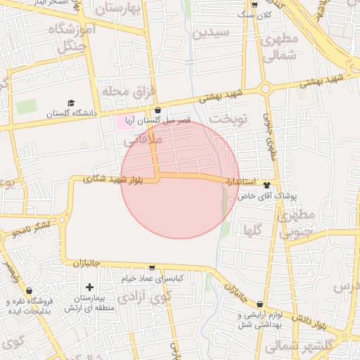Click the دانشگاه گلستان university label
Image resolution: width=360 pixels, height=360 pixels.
point(70,113)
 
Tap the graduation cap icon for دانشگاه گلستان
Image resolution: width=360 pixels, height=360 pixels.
point(70,103)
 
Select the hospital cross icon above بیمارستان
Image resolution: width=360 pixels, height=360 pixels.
point(89,287)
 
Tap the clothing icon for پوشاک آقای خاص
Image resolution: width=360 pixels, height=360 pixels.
point(267,185)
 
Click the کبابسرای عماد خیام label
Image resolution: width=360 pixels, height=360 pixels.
point(152,279)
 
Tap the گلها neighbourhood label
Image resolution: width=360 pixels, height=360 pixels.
point(253,230)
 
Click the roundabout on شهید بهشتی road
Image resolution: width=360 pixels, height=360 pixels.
point(265,89)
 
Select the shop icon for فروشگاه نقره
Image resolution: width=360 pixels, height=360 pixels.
point(29,290)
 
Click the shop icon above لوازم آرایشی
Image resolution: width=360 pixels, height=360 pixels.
point(260,304)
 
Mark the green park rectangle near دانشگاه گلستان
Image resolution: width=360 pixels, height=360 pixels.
point(27,108)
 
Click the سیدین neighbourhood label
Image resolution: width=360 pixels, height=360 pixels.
point(210,33)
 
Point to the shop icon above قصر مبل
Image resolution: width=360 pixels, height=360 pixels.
point(157,110)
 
